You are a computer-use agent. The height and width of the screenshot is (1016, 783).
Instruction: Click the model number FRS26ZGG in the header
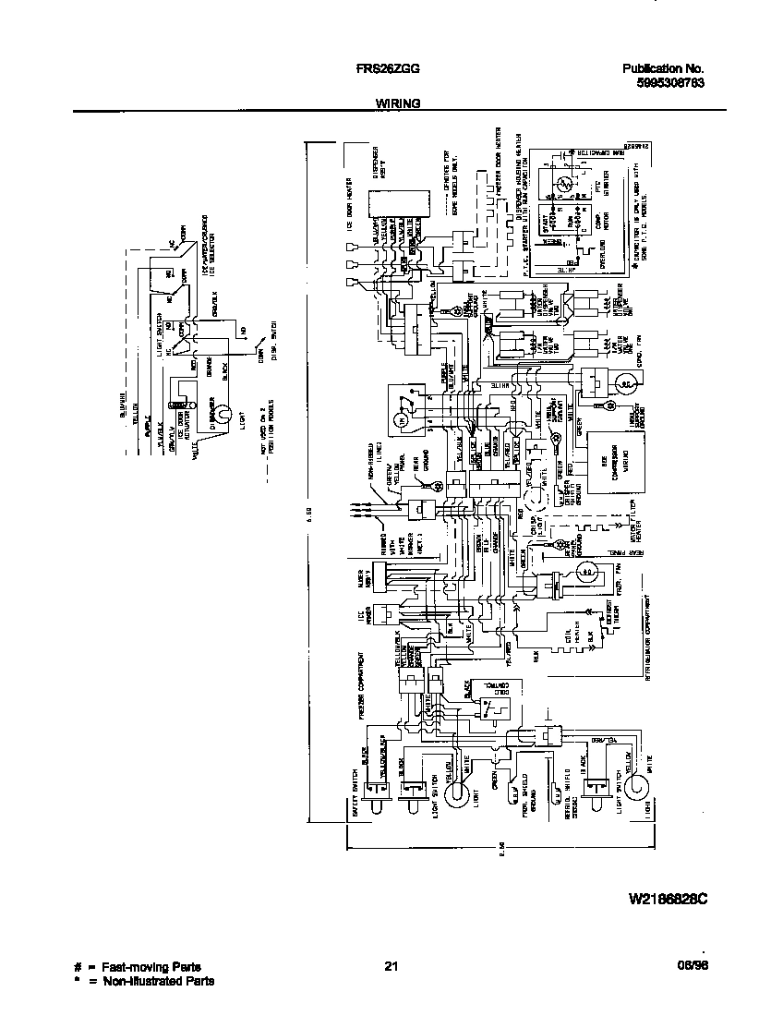coord(381,68)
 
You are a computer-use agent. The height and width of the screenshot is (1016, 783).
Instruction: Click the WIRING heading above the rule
coord(398,104)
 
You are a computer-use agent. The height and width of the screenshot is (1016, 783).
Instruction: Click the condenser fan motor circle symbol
coord(623,381)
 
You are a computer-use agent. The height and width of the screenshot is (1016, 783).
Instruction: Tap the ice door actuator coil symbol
coord(181,403)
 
